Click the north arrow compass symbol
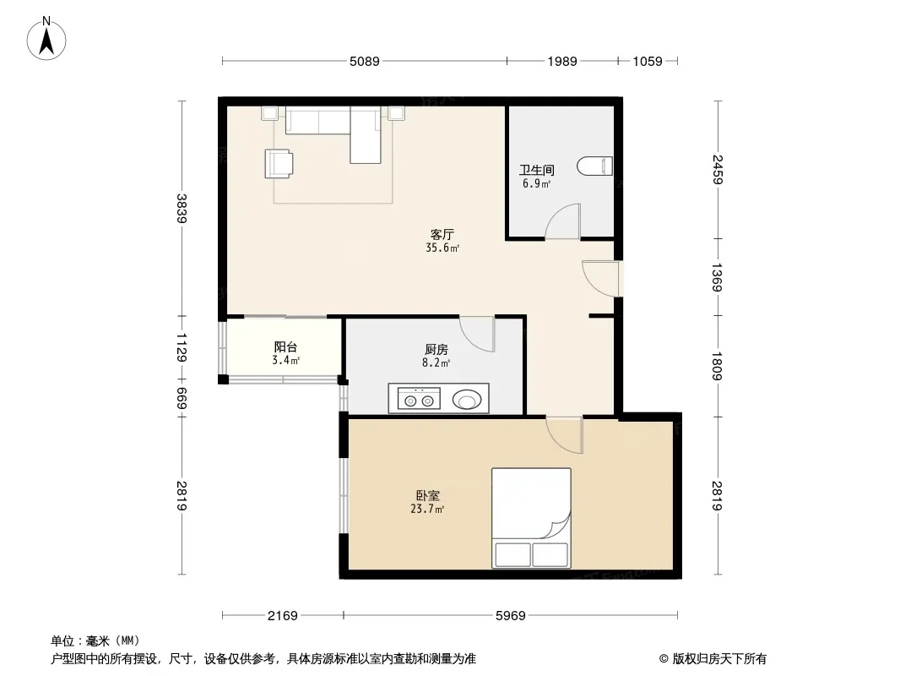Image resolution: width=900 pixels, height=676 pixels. [46, 39]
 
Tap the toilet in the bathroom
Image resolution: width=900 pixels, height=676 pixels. [594, 166]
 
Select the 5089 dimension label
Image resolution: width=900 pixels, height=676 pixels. [365, 61]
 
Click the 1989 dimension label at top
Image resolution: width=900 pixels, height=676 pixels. [562, 61]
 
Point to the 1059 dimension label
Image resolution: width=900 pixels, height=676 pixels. [648, 61]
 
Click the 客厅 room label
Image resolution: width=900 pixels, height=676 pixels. [442, 234]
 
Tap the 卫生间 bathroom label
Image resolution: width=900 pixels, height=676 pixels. [537, 170]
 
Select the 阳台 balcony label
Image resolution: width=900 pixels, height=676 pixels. [285, 347]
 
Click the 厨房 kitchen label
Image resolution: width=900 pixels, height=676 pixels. [436, 349]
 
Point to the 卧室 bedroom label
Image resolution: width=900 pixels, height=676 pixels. [427, 495]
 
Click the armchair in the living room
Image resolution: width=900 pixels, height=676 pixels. [279, 163]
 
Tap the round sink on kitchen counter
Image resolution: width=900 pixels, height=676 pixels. [467, 400]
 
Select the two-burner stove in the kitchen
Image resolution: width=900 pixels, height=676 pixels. [419, 398]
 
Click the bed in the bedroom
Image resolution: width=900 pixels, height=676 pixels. [531, 518]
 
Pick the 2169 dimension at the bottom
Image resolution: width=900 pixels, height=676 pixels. [282, 616]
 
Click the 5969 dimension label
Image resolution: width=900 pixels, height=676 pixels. [510, 616]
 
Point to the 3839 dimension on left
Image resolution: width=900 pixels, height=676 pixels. [182, 209]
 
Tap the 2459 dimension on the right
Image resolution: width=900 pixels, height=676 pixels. [718, 170]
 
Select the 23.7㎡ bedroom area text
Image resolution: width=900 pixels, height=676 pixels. [427, 509]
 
